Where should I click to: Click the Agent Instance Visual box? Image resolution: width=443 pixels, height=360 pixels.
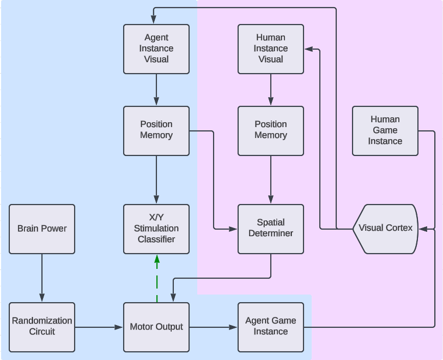point(156,49)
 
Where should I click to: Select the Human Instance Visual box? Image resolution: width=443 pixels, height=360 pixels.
point(271,49)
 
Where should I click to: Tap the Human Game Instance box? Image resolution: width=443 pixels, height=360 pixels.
point(385,130)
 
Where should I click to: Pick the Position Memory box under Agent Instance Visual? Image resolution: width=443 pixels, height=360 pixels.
point(156,130)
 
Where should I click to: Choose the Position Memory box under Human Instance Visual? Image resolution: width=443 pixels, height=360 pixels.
point(271,130)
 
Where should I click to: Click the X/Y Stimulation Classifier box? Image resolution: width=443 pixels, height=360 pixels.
point(156,229)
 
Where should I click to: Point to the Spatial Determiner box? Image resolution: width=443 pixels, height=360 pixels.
point(271,229)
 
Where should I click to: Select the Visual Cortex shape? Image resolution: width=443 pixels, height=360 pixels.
point(385,229)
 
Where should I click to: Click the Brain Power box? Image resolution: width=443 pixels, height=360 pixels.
point(42,229)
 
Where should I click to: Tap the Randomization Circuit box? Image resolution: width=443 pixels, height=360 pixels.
point(42,327)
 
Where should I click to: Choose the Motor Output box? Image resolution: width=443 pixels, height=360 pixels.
point(156,327)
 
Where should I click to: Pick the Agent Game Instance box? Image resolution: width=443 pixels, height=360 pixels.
point(271,327)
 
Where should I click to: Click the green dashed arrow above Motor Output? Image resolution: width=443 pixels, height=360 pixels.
point(157,278)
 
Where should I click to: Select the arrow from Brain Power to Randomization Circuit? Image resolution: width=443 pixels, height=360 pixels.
point(42,278)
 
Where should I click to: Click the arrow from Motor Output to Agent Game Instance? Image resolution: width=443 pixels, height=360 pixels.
point(214,327)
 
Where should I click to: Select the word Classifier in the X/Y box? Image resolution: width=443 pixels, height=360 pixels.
point(156,239)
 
